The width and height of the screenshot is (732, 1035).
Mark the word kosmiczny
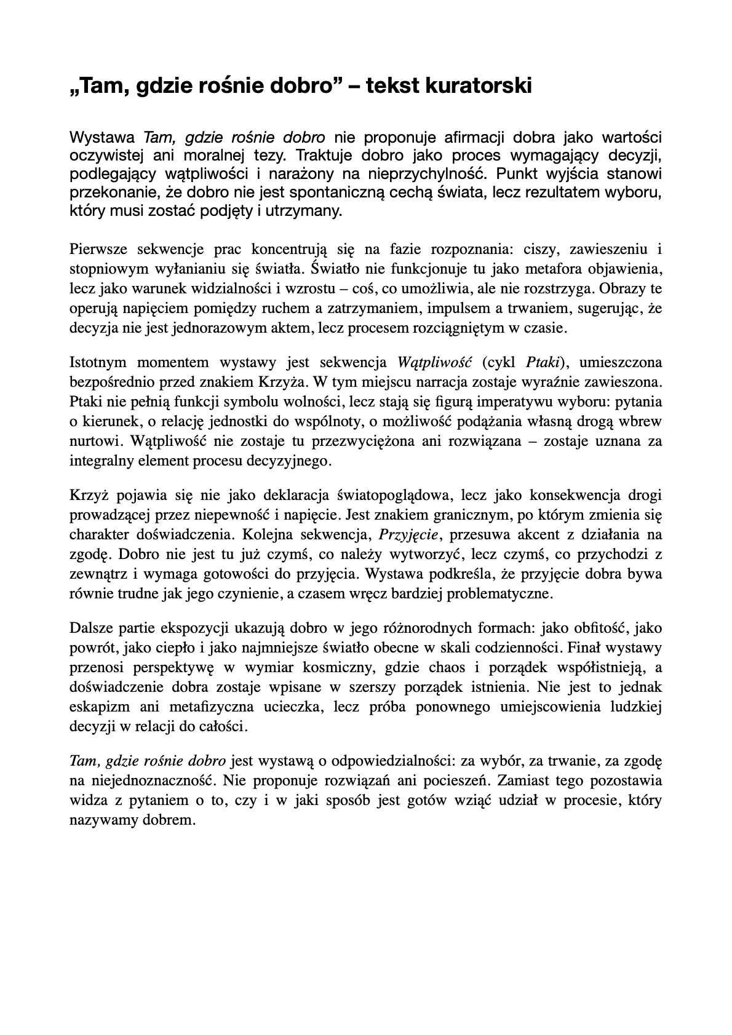point(343,667)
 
